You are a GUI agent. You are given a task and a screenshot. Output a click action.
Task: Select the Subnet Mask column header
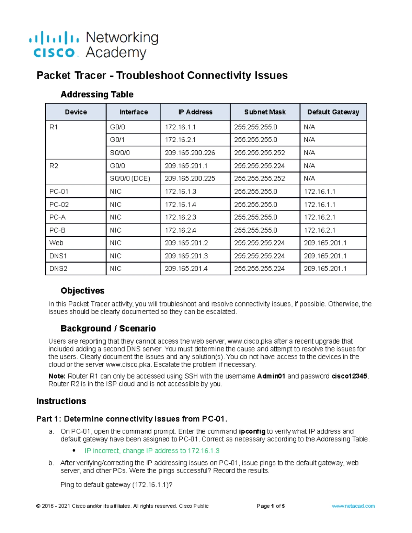click(x=265, y=112)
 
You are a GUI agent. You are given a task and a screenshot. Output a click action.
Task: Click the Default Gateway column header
click(x=333, y=112)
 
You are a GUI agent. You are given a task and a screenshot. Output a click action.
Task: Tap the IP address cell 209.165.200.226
click(x=190, y=153)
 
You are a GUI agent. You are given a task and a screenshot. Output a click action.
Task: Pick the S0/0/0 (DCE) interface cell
click(x=130, y=178)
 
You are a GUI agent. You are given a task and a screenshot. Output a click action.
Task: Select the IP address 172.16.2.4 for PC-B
click(x=181, y=230)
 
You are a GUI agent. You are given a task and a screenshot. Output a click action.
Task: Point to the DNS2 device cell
click(x=58, y=269)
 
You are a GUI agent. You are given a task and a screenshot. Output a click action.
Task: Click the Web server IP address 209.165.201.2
click(x=186, y=243)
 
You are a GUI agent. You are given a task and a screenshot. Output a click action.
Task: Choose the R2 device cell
click(x=54, y=166)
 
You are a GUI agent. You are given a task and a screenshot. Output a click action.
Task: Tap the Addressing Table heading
click(x=97, y=94)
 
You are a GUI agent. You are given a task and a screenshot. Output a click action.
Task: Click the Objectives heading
click(x=82, y=291)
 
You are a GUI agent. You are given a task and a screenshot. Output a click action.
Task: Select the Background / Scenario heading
click(x=108, y=328)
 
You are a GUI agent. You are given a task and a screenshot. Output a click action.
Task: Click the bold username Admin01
click(x=271, y=376)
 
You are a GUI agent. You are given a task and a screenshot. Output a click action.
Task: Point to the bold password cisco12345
click(x=350, y=376)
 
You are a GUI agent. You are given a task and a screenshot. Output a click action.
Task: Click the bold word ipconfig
click(x=252, y=431)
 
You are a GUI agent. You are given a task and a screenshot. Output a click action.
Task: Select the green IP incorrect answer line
click(x=152, y=451)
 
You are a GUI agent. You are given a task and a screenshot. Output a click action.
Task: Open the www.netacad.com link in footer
click(x=353, y=506)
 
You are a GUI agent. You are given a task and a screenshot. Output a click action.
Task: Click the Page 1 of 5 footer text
click(x=271, y=506)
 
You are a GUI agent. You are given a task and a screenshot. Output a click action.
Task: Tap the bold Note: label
click(x=57, y=376)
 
